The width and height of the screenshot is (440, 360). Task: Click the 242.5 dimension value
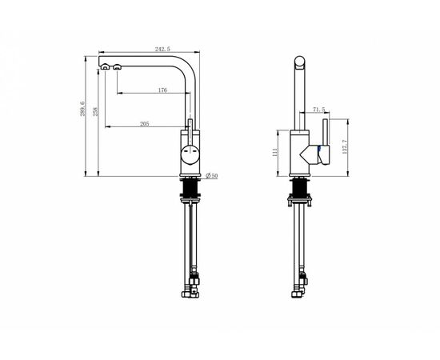162,49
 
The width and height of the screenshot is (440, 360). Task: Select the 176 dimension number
162,90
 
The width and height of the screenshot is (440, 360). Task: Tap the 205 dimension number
145,124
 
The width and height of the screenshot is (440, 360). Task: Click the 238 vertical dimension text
95,112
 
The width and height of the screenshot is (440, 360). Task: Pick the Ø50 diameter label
211,176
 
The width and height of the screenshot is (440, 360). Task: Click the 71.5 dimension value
318,110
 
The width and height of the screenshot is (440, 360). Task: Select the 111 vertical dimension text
275,152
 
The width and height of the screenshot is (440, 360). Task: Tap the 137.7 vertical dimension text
345,147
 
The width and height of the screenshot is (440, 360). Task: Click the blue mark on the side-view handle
318,149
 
